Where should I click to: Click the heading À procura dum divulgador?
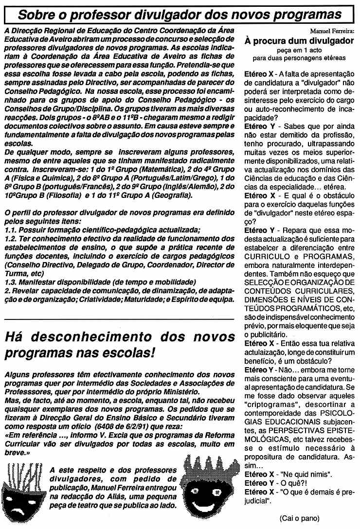point(299,41)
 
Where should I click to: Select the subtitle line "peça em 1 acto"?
point(299,50)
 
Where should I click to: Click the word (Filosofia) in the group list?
point(66,196)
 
